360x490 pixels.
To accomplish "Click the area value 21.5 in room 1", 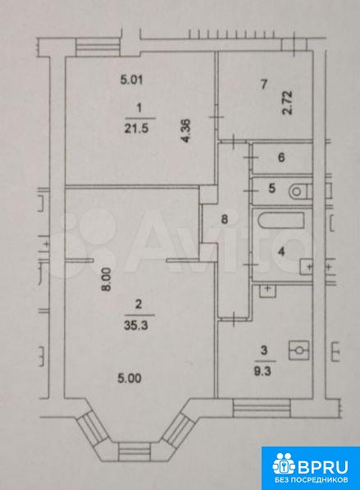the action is point(136,128).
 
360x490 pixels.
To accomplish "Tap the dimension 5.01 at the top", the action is point(131,80).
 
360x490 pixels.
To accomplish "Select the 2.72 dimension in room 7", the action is point(288,103).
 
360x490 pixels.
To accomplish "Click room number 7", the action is point(264,84).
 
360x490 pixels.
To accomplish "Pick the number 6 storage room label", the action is point(281,158).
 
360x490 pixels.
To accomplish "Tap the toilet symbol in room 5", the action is point(301,191).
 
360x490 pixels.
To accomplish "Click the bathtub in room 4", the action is point(281,221).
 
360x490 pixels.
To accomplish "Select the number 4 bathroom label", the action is point(281,251).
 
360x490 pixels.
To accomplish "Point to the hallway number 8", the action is point(225,219).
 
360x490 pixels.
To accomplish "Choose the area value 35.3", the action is point(136,326).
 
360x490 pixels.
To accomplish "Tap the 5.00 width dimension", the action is point(130,378).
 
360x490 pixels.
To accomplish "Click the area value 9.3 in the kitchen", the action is point(263,372).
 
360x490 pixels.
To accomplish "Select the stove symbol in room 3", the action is point(299,350).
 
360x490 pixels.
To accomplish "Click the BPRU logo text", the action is point(323,467).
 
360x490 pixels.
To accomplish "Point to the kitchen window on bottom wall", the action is point(262,408).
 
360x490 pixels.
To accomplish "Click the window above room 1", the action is point(98,48).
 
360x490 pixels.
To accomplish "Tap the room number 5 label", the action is point(272,189).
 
